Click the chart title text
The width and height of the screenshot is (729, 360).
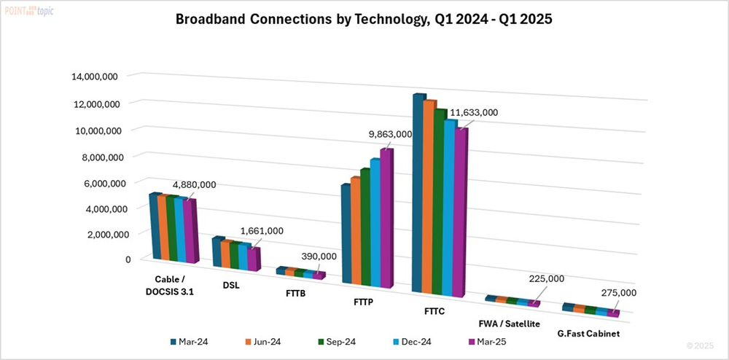click(364, 20)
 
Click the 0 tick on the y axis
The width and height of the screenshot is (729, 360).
click(128, 259)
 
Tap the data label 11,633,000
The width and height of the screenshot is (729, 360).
click(474, 112)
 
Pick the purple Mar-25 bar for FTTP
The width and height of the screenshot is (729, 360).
click(385, 219)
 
